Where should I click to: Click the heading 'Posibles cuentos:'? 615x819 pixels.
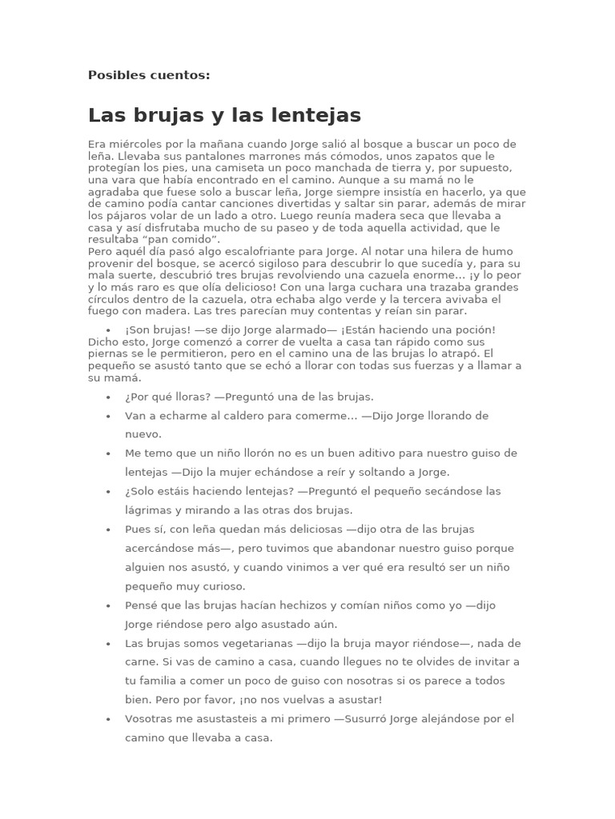[149, 75]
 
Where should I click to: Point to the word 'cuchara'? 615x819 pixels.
[409, 287]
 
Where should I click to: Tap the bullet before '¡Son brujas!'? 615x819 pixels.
[107, 330]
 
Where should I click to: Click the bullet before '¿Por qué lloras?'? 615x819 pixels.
[107, 397]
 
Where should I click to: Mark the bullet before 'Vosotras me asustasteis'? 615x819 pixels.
[107, 719]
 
